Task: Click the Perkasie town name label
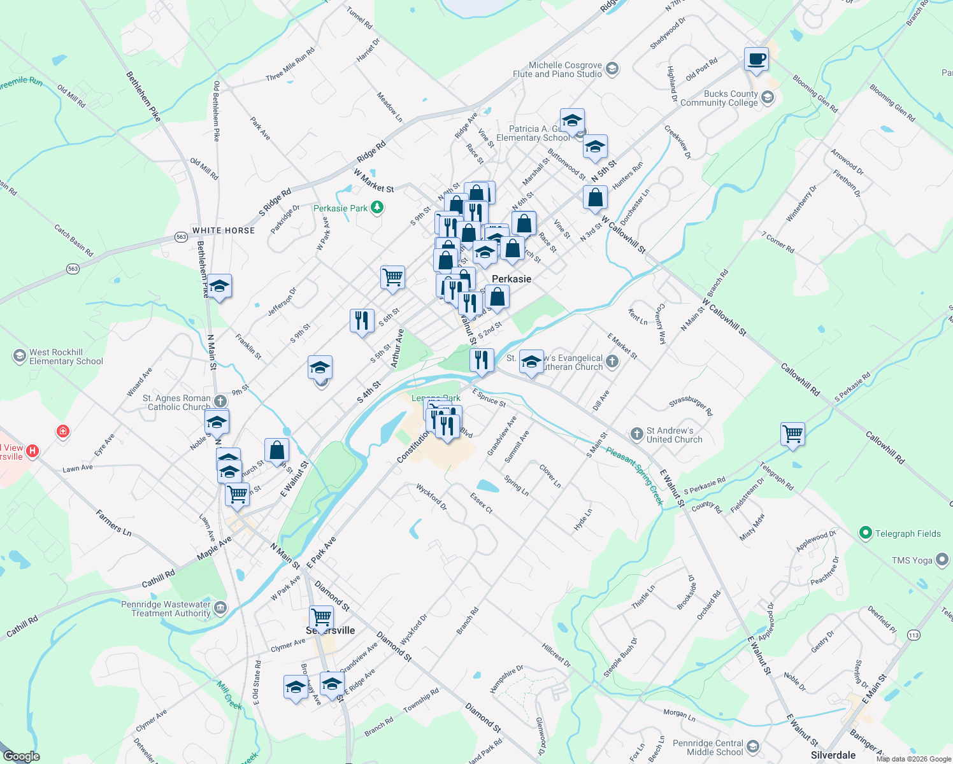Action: tap(511, 279)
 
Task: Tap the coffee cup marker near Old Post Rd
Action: tap(756, 60)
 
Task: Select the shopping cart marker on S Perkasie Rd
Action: tap(792, 434)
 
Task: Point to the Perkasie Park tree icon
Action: tap(377, 208)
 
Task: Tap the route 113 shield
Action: tap(914, 635)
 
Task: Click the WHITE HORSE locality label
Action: tap(224, 230)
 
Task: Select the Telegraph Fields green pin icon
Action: tap(865, 534)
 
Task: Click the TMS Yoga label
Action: tap(912, 560)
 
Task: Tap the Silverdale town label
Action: tap(833, 755)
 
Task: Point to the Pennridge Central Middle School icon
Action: tap(753, 747)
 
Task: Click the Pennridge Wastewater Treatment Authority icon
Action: tap(220, 608)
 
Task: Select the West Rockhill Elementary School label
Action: tap(66, 357)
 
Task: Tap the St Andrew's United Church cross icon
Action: tap(636, 434)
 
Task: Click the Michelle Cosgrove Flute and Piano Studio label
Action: tap(557, 69)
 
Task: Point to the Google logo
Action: tap(22, 756)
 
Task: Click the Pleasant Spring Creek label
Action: tap(635, 475)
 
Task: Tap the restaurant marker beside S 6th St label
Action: tap(362, 320)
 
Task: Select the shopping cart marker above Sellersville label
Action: tap(321, 618)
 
